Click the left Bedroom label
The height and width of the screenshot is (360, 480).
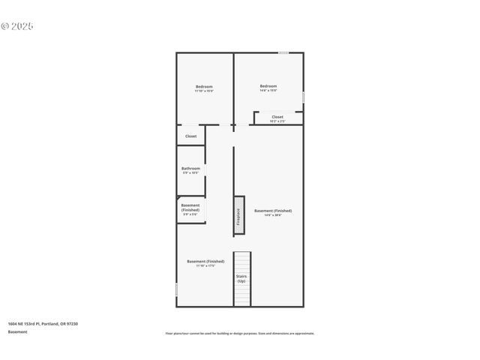[204, 86]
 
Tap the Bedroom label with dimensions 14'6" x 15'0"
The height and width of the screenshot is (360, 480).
[268, 86]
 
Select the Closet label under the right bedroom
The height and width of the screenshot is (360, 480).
[277, 116]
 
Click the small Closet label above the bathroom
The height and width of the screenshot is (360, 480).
[190, 136]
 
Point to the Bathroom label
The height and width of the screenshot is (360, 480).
[190, 169]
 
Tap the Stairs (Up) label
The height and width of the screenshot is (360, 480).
[241, 278]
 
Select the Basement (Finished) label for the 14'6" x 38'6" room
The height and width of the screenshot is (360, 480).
[273, 211]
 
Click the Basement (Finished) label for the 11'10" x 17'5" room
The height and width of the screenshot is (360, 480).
[205, 261]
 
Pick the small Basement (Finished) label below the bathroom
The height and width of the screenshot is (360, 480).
[190, 207]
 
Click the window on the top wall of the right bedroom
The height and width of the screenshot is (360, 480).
[283, 52]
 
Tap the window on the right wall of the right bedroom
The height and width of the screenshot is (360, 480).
[303, 97]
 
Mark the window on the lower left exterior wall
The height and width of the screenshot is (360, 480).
[176, 289]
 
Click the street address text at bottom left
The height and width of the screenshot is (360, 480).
[43, 323]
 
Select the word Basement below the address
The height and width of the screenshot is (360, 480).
[18, 331]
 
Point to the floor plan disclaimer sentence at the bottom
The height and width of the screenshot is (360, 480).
[239, 333]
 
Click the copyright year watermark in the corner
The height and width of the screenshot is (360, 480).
[17, 26]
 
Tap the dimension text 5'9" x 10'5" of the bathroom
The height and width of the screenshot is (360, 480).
[190, 173]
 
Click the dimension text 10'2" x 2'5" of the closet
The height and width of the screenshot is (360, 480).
[277, 121]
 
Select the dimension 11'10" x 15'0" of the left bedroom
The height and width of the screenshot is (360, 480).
[204, 91]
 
